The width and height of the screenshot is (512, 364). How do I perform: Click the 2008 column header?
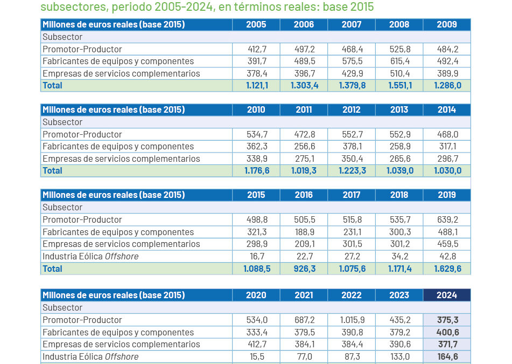coord(399,25)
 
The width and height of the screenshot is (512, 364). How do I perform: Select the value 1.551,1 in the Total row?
coord(399,86)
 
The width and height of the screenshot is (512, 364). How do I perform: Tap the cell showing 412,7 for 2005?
coord(256,49)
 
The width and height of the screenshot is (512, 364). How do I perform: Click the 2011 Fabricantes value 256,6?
coord(304,147)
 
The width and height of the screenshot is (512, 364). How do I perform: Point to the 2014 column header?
coord(447,110)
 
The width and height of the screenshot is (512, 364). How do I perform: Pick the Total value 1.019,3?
coord(304,171)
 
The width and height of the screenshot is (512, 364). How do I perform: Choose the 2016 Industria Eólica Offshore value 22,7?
coord(304,257)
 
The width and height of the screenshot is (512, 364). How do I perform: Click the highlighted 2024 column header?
coord(447,296)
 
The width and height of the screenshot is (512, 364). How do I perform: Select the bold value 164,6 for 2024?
coord(447,356)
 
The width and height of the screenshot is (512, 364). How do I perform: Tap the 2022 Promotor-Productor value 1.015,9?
coord(351,320)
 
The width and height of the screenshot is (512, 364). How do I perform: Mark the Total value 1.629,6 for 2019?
coord(447,269)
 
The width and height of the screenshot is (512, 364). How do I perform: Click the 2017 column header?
coord(351,195)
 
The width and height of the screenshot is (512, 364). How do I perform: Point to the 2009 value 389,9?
coord(447,74)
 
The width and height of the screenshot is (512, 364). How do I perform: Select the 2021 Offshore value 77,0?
coord(304,356)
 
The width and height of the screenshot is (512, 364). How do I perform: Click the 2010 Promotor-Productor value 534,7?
coord(256,134)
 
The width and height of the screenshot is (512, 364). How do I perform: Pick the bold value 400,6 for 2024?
coord(447,332)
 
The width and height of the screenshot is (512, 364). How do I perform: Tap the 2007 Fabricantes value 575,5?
coord(351,61)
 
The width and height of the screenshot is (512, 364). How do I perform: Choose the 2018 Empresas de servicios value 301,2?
coord(399,244)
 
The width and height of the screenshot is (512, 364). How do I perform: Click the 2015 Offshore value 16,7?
coord(256,257)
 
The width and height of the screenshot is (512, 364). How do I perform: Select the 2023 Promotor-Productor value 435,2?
coord(399,320)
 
